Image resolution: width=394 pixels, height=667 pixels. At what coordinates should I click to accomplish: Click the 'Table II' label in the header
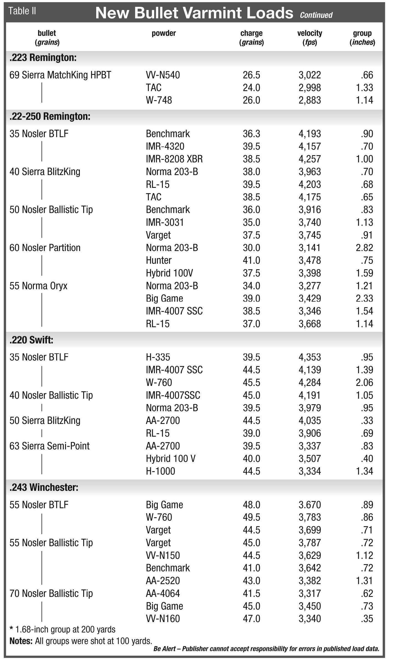[x=22, y=11]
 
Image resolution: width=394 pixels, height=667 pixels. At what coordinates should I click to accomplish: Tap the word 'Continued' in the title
[x=316, y=15]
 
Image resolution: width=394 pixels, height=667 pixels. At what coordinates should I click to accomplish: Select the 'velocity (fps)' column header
[x=309, y=37]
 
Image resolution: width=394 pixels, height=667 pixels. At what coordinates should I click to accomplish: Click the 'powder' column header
[x=164, y=33]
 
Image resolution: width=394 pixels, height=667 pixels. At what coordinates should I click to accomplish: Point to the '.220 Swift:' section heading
[x=31, y=340]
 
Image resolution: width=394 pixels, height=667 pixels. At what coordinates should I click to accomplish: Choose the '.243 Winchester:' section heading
[x=44, y=487]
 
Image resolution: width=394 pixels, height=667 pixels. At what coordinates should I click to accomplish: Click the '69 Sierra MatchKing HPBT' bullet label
[x=60, y=75]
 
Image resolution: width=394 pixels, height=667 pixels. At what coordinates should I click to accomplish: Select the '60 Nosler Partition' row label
[x=45, y=248]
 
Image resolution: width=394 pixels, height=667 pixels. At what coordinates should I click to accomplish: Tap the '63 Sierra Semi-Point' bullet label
[x=49, y=446]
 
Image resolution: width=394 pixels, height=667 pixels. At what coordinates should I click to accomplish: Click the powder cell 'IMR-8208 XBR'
[x=174, y=159]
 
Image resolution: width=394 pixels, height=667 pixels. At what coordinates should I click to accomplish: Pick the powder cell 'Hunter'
[x=159, y=260]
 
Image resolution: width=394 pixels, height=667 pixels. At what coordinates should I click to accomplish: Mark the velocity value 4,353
[x=309, y=357]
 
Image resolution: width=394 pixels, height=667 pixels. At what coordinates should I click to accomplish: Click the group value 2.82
[x=364, y=248]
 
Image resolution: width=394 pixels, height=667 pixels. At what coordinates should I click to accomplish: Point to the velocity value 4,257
[x=309, y=159]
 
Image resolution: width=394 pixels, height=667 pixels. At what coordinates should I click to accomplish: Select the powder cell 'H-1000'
[x=160, y=471]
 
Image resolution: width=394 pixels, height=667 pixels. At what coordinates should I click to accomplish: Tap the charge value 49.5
[x=251, y=517]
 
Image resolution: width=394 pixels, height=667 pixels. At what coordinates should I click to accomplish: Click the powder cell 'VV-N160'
[x=163, y=618]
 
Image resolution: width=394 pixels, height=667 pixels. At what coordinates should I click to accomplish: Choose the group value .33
[x=367, y=421]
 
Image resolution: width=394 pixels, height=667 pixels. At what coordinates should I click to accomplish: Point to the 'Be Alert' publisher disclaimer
[x=266, y=649]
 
